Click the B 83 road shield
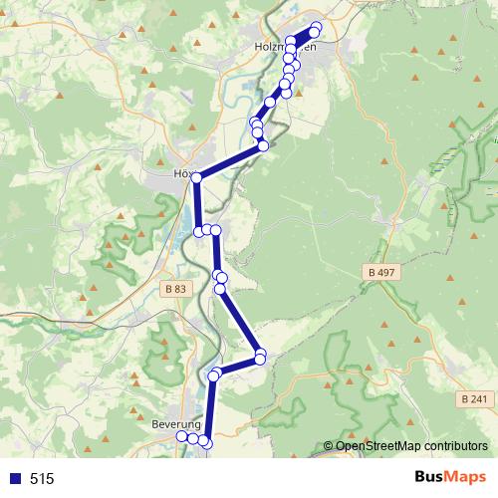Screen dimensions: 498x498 [x=174, y=289]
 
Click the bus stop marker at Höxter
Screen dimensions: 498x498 [x=197, y=177]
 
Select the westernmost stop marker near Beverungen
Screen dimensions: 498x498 [x=182, y=436]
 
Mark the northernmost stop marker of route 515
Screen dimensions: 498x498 [x=317, y=27]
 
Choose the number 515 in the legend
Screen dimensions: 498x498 [x=42, y=479]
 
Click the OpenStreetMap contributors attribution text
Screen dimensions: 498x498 [x=411, y=446]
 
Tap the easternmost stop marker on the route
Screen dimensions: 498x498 [x=317, y=28]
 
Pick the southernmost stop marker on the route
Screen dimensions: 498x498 [x=205, y=440]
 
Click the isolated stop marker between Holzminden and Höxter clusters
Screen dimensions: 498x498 [x=269, y=102]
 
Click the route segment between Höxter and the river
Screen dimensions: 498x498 [x=230, y=161]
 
